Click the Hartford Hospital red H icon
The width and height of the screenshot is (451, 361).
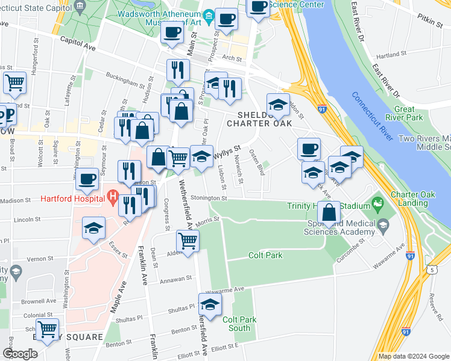112,197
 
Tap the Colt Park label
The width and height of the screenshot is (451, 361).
265,255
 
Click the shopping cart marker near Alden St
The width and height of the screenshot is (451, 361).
188,241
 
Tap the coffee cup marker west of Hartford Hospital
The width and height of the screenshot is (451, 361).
87,178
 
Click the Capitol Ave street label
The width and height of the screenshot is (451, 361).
79,44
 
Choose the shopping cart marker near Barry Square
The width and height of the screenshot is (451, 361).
48,330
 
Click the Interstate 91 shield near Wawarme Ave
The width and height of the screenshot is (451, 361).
410,255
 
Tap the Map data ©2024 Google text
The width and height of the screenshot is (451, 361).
414,356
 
